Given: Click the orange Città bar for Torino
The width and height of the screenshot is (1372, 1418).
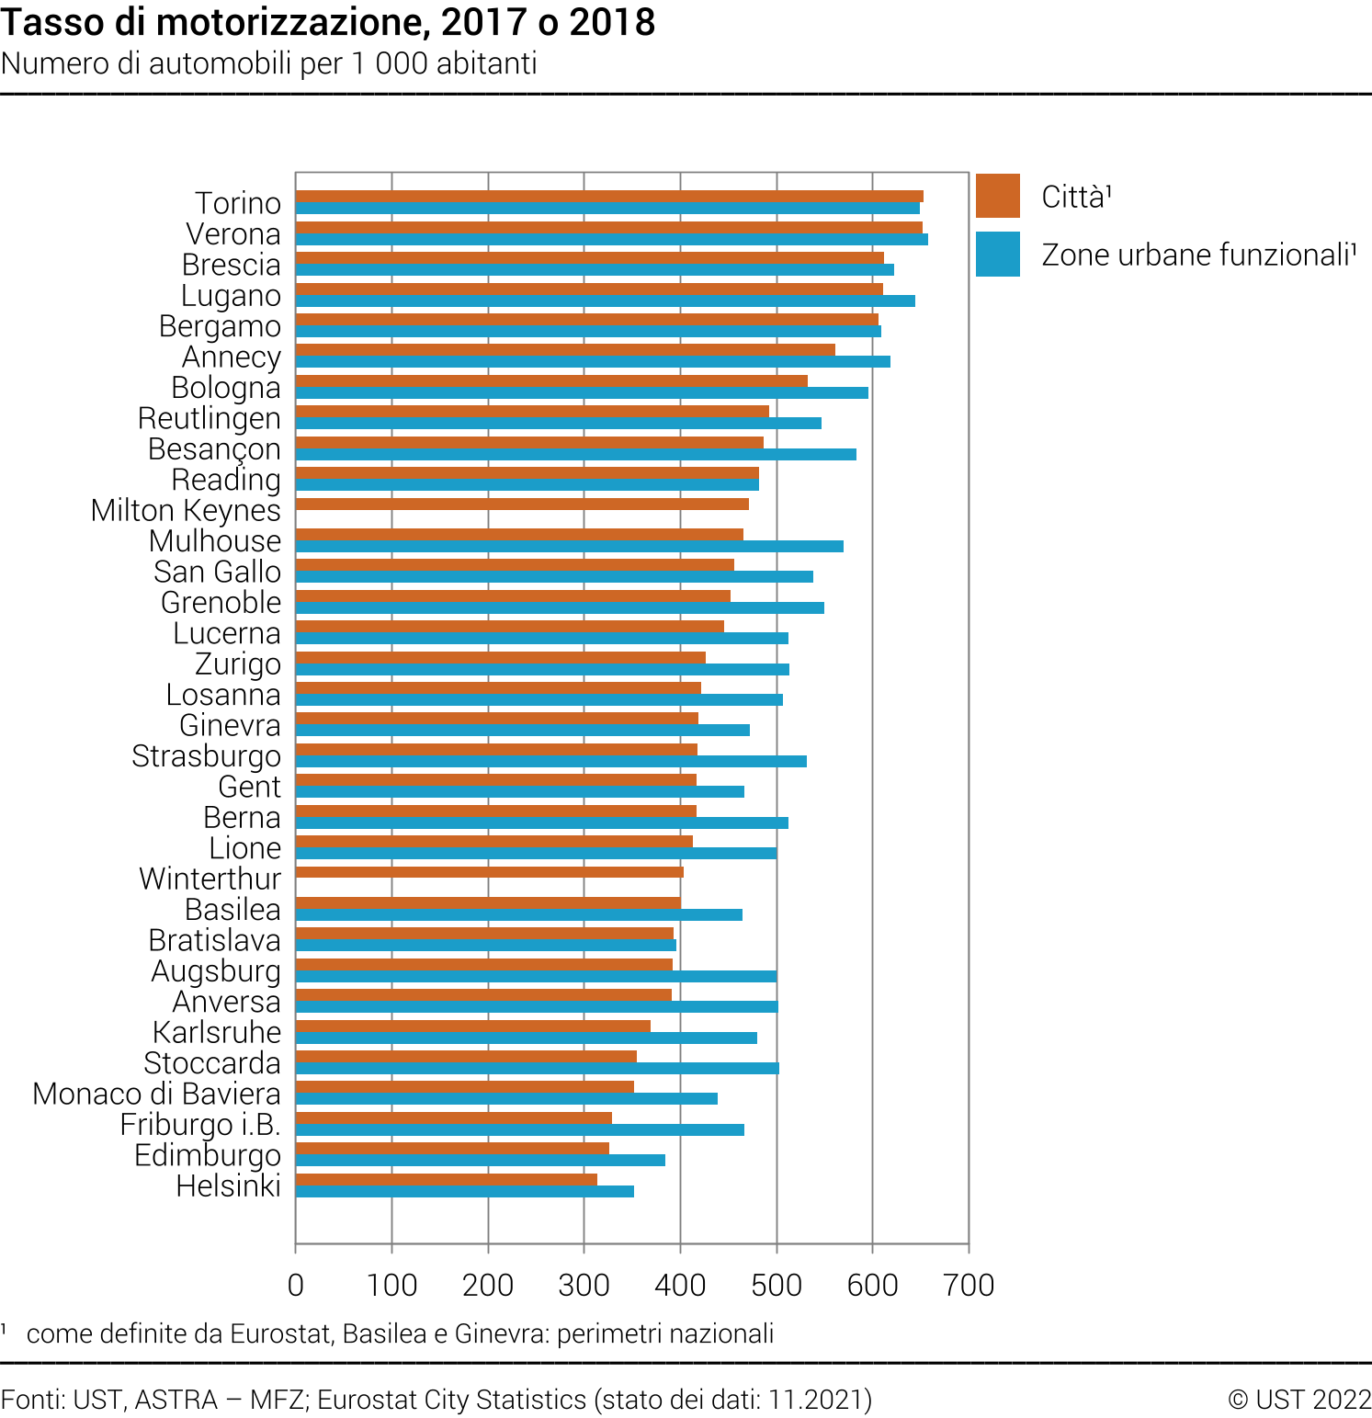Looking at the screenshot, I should point(609,196).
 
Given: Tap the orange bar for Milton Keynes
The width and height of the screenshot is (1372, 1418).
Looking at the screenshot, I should point(522,504).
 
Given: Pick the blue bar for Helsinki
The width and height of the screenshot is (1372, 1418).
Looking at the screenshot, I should point(464,1192).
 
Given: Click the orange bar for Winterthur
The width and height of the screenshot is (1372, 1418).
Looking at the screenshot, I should point(489,872).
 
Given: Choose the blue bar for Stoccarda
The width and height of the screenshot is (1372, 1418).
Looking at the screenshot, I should point(537,1069).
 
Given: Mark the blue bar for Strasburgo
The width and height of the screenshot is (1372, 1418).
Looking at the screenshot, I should point(550,761).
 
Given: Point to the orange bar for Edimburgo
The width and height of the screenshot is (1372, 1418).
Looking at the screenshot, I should point(452,1149).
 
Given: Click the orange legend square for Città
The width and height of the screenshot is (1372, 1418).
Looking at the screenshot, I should point(997,196).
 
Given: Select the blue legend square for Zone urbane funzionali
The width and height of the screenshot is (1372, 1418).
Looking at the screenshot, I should point(997,254).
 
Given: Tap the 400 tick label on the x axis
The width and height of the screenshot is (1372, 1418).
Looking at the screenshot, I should point(680,1285).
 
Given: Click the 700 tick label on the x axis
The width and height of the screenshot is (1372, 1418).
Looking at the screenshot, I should point(969,1285).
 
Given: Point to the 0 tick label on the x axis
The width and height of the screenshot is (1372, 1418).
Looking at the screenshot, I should point(296,1285).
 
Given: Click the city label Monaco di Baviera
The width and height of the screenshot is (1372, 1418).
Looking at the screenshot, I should point(156,1094).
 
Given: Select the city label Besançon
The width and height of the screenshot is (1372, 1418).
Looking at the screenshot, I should point(214,449).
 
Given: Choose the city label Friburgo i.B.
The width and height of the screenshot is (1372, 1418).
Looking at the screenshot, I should point(200,1125).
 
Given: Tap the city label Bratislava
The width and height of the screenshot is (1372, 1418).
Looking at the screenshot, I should point(214,940).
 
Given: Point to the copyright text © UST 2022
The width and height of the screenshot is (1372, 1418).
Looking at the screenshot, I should point(1299,1399).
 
